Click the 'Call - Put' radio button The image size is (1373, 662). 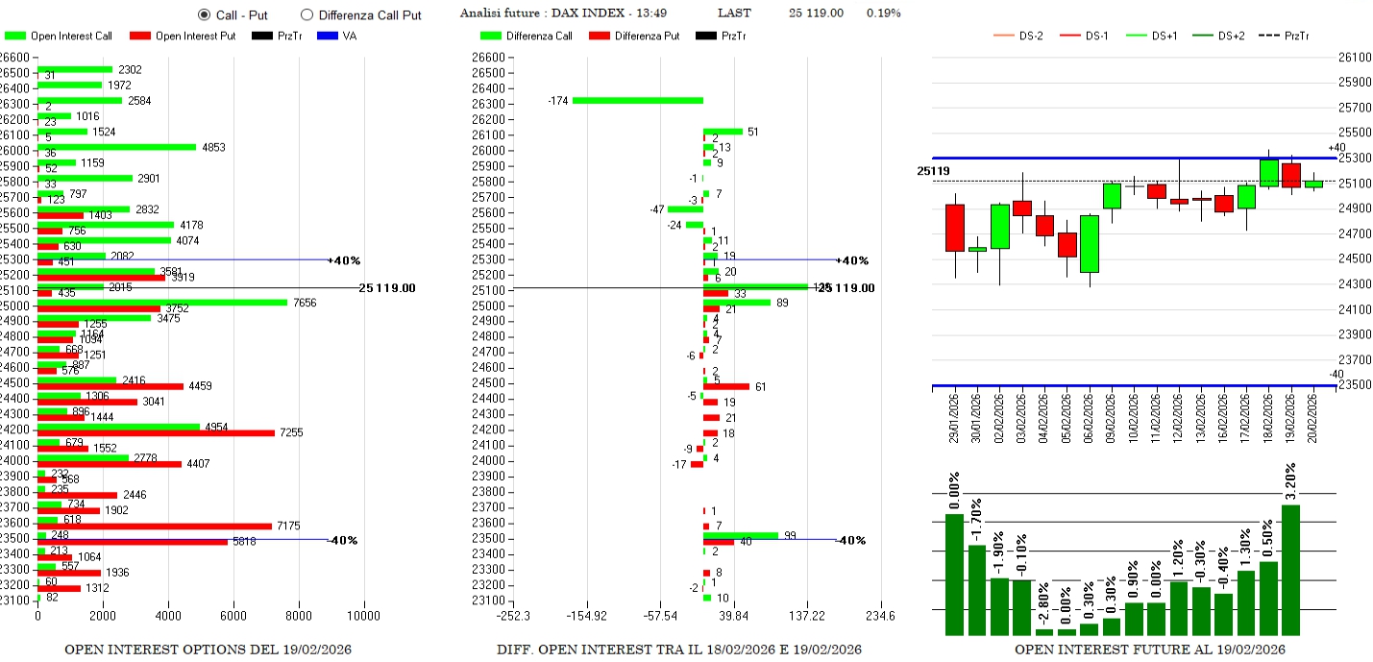pyautogui.click(x=204, y=14)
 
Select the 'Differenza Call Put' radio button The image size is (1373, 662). pyautogui.click(x=306, y=14)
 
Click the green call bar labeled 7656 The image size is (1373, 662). pyautogui.click(x=162, y=302)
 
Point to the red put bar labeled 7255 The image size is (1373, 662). pyautogui.click(x=156, y=432)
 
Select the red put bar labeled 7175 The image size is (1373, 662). pyautogui.click(x=154, y=526)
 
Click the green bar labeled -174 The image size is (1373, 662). pyautogui.click(x=638, y=100)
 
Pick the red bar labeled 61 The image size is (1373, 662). pyautogui.click(x=725, y=386)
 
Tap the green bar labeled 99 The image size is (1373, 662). pyautogui.click(x=740, y=535)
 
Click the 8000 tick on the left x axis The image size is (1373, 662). pyautogui.click(x=299, y=616)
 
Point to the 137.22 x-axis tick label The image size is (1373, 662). pyautogui.click(x=807, y=616)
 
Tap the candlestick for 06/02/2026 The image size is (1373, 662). pyautogui.click(x=1090, y=244)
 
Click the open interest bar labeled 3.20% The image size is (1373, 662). pyautogui.click(x=1290, y=570)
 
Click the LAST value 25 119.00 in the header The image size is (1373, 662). pyautogui.click(x=816, y=13)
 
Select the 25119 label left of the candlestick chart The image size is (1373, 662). pyautogui.click(x=933, y=171)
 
